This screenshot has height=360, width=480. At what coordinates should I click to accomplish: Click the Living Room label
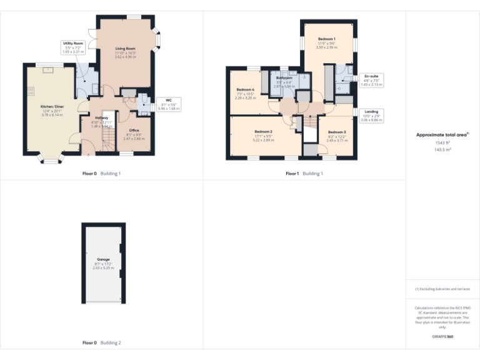click(x=126, y=48)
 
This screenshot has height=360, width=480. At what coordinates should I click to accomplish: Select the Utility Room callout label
click(x=74, y=44)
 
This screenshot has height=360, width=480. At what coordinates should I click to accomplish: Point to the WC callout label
click(x=169, y=100)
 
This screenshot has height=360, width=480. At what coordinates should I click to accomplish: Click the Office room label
click(x=134, y=130)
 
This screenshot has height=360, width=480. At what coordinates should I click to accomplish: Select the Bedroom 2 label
click(x=263, y=131)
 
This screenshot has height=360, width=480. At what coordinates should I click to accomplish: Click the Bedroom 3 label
click(x=336, y=132)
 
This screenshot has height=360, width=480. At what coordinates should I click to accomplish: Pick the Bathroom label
click(x=284, y=77)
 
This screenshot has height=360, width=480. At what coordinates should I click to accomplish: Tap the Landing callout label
click(x=371, y=111)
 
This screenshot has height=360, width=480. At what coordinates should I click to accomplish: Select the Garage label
click(x=103, y=259)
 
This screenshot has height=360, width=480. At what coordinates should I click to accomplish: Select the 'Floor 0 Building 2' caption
click(x=102, y=343)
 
